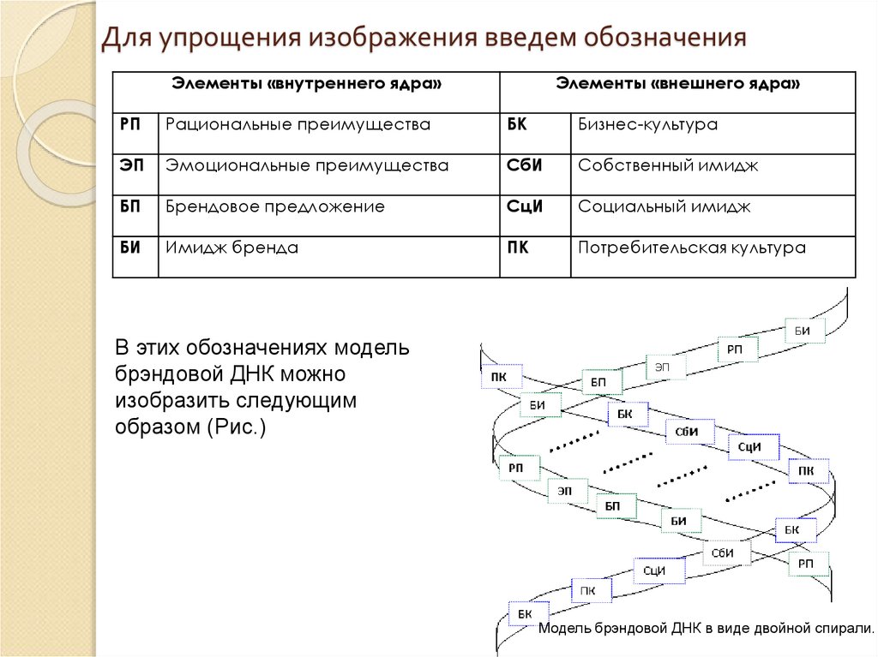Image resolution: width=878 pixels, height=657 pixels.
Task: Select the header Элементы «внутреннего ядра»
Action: click(307, 84)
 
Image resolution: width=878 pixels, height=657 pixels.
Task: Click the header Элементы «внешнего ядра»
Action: click(678, 84)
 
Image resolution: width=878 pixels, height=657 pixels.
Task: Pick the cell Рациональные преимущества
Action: click(298, 125)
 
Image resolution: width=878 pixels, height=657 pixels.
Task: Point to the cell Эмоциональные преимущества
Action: click(307, 166)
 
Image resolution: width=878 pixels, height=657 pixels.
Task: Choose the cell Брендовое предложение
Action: click(275, 206)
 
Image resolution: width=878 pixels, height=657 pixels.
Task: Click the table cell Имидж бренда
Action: click(232, 248)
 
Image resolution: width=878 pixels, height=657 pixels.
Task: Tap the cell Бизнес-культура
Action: click(647, 125)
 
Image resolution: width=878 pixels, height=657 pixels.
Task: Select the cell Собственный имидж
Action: click(668, 166)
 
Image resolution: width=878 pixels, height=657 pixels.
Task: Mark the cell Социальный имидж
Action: click(665, 206)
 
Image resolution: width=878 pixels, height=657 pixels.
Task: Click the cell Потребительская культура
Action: click(692, 248)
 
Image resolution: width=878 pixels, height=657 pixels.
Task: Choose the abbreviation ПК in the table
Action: click(517, 248)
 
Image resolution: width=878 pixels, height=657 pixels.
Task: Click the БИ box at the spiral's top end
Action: click(803, 330)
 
